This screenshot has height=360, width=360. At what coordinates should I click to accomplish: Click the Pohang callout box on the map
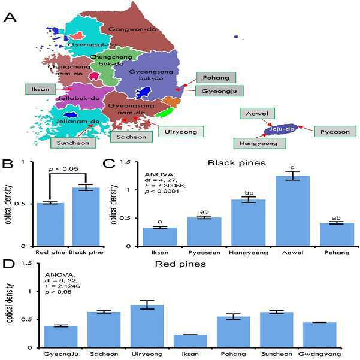(x=216, y=78)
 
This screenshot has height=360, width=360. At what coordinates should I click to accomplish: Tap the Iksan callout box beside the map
(x=40, y=89)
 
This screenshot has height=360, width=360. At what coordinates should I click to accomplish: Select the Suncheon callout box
(x=73, y=143)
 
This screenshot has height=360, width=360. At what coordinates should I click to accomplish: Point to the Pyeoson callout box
(x=335, y=132)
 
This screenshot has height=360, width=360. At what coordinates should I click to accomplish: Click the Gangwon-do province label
(x=132, y=29)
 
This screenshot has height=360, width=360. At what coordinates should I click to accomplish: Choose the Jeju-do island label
(x=282, y=129)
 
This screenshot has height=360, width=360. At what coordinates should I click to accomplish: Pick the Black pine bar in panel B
(x=86, y=217)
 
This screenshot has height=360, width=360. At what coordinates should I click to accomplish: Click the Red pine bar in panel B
(x=50, y=225)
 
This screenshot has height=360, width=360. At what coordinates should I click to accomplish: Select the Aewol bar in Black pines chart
(x=293, y=211)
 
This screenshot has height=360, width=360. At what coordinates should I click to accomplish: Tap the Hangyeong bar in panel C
(x=249, y=223)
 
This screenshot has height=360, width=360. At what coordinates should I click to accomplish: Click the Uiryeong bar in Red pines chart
(x=147, y=326)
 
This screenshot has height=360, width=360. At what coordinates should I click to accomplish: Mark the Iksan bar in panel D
(x=190, y=341)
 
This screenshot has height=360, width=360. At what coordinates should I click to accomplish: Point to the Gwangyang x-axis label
(x=320, y=354)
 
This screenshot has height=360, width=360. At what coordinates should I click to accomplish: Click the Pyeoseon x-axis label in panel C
(x=204, y=253)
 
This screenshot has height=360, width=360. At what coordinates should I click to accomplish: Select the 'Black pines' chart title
(x=237, y=163)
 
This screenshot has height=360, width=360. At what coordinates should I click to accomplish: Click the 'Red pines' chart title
(x=180, y=264)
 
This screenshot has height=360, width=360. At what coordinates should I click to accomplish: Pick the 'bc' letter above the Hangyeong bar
(x=249, y=193)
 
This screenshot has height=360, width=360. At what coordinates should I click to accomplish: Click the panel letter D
(x=8, y=264)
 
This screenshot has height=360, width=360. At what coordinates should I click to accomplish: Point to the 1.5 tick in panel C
(x=125, y=162)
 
